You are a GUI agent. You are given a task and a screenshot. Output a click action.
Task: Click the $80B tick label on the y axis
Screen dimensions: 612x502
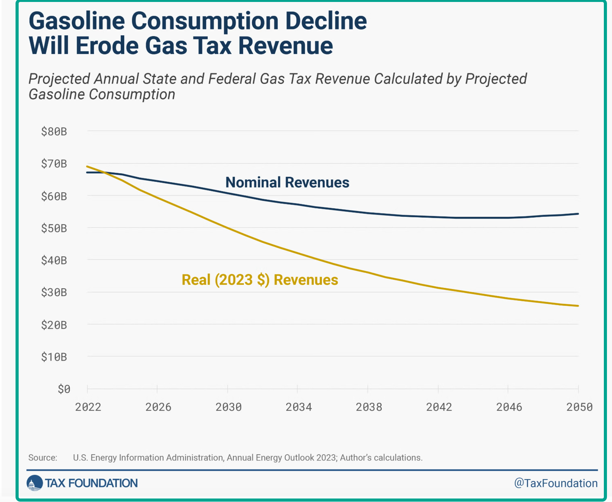[54, 132]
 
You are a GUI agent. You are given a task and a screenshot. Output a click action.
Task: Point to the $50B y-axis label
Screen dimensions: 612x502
[54, 228]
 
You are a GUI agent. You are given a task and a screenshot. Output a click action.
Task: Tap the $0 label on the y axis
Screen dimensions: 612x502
[64, 389]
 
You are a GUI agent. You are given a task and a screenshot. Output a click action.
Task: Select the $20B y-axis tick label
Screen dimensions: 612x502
[54, 325]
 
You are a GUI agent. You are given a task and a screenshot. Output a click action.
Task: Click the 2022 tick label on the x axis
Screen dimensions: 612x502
[88, 407]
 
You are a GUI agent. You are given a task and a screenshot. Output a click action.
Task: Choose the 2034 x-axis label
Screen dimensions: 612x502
[299, 407]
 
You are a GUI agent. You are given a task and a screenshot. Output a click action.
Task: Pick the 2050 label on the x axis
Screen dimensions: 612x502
[579, 407]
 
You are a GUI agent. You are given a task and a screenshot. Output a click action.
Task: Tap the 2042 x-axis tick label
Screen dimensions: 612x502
[439, 407]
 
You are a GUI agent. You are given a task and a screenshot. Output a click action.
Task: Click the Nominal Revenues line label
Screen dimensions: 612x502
[287, 182]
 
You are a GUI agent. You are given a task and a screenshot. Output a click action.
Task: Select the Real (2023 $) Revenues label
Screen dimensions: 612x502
[260, 280]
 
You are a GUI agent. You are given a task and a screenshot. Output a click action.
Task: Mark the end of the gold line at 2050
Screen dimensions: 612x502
[578, 306]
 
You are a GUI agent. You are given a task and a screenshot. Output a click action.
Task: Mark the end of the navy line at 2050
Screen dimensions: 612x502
[578, 214]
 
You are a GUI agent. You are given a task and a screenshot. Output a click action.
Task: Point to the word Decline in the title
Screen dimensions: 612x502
[326, 21]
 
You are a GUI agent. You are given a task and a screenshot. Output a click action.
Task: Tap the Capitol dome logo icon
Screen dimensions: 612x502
[35, 483]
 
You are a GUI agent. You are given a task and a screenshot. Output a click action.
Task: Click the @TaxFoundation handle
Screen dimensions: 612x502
[556, 483]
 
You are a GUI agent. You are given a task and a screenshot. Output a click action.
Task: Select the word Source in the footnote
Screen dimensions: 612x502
[43, 458]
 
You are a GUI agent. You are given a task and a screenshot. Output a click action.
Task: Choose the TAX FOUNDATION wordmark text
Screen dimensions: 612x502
[91, 483]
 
